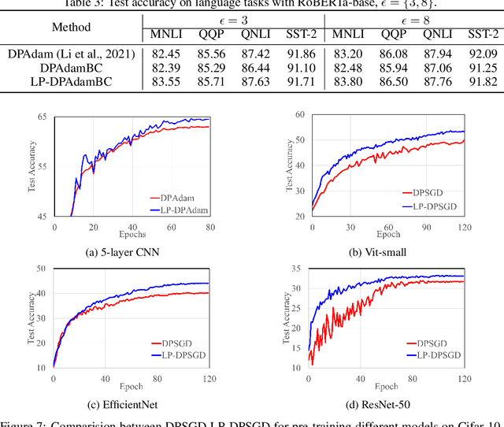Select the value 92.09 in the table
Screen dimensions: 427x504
(482, 54)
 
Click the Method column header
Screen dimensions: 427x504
(71, 28)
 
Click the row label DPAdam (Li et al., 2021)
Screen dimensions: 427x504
(71, 54)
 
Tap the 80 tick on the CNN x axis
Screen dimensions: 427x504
(209, 227)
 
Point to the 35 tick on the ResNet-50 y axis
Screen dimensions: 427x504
(298, 269)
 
